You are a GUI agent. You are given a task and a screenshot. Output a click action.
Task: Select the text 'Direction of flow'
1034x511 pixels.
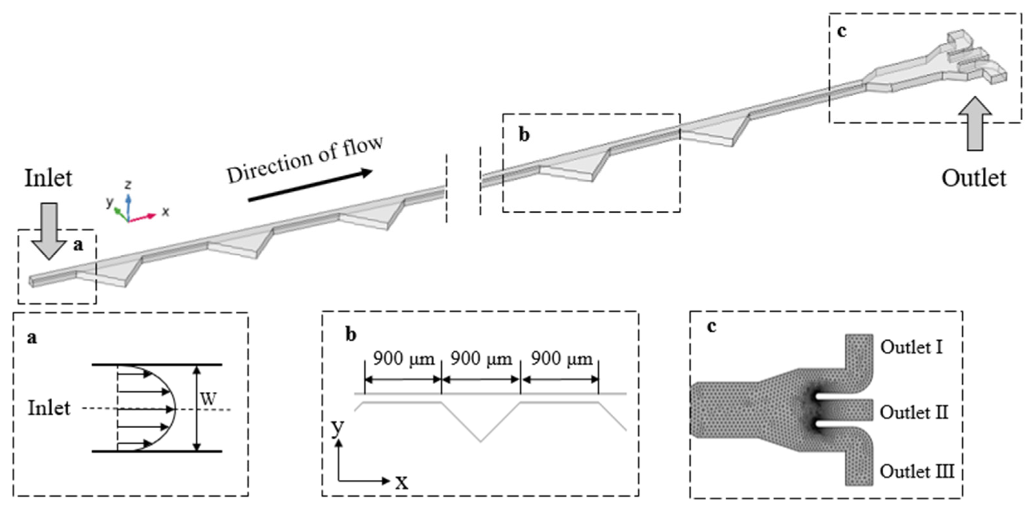click(305, 160)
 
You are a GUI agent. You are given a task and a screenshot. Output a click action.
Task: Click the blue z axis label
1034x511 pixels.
click(128, 185)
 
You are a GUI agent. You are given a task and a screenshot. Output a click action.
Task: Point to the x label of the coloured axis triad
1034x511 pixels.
click(165, 212)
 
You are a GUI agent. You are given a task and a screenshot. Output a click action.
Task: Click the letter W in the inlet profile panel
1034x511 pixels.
click(209, 399)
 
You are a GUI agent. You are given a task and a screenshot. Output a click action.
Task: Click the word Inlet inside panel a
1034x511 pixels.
click(49, 408)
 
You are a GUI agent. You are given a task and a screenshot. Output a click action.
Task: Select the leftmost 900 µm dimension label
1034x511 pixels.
click(403, 358)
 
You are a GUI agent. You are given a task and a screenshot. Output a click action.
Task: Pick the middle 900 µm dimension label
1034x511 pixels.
click(481, 358)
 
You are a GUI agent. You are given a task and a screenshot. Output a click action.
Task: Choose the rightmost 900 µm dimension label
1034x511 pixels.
click(562, 358)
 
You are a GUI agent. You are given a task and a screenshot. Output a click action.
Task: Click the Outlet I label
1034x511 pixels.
click(911, 347)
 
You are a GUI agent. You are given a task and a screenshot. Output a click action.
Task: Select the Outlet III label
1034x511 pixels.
click(917, 471)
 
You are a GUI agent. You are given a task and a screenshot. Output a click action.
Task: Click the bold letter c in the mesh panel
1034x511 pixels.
click(712, 326)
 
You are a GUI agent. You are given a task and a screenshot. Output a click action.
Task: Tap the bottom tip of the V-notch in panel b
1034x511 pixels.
click(480, 442)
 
